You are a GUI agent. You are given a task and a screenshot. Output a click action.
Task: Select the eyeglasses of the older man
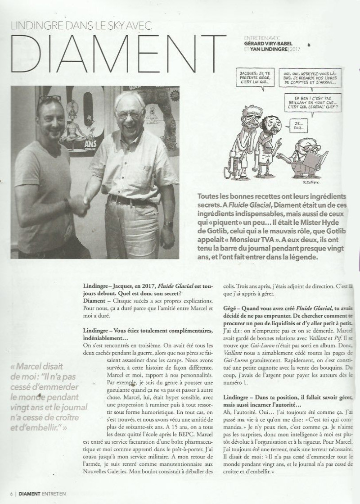point(128,114)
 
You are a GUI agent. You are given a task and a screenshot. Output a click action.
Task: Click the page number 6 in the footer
point(4,494)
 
